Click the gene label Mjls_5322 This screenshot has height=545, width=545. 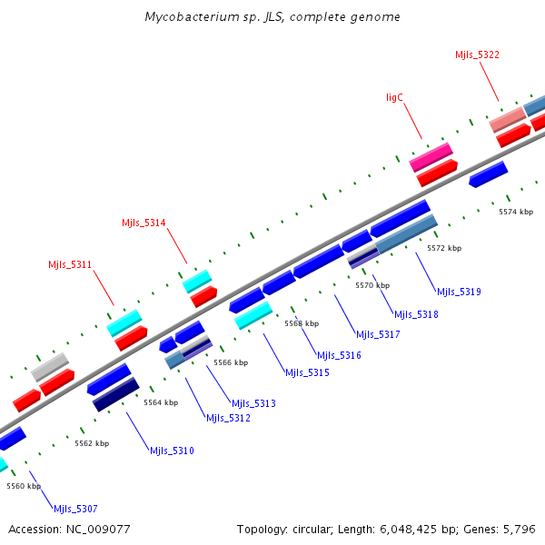(x=477, y=54)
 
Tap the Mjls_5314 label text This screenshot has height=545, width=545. (x=144, y=223)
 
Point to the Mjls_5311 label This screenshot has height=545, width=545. (x=70, y=265)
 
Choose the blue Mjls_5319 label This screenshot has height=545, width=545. (x=459, y=292)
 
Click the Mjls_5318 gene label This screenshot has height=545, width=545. (x=416, y=314)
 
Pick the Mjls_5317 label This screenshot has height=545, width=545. (x=378, y=334)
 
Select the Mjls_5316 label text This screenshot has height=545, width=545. (x=339, y=355)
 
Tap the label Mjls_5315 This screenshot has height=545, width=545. (x=307, y=372)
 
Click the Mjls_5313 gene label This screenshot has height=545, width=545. (x=253, y=403)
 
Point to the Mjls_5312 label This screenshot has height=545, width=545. (x=228, y=418)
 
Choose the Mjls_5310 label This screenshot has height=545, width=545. (x=172, y=451)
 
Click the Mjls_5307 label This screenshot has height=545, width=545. (x=75, y=509)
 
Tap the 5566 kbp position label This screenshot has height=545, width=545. (x=231, y=362)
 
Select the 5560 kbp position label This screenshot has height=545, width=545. (x=24, y=486)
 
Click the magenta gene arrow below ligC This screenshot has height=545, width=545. (x=431, y=156)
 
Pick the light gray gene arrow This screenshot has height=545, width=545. (x=51, y=367)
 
